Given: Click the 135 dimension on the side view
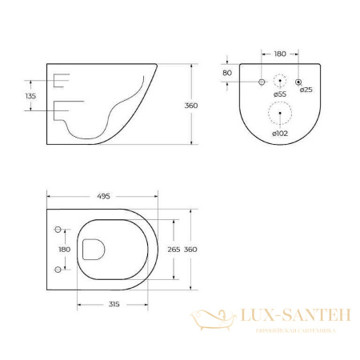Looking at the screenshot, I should point(31,96).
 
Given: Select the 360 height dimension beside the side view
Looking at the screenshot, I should point(190,106).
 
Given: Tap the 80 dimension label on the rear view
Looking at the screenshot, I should point(229,73).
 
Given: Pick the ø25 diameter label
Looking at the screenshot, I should point(305,90).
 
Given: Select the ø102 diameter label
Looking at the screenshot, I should point(280,134).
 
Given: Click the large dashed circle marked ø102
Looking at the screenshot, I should point(280,114).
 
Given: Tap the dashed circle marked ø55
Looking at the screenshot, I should point(280,81).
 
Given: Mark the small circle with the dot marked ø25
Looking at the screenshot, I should point(298,82).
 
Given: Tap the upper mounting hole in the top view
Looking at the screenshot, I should point(57,230).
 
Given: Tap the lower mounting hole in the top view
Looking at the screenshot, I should point(57,269).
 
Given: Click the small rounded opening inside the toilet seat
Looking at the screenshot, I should point(93,250).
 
